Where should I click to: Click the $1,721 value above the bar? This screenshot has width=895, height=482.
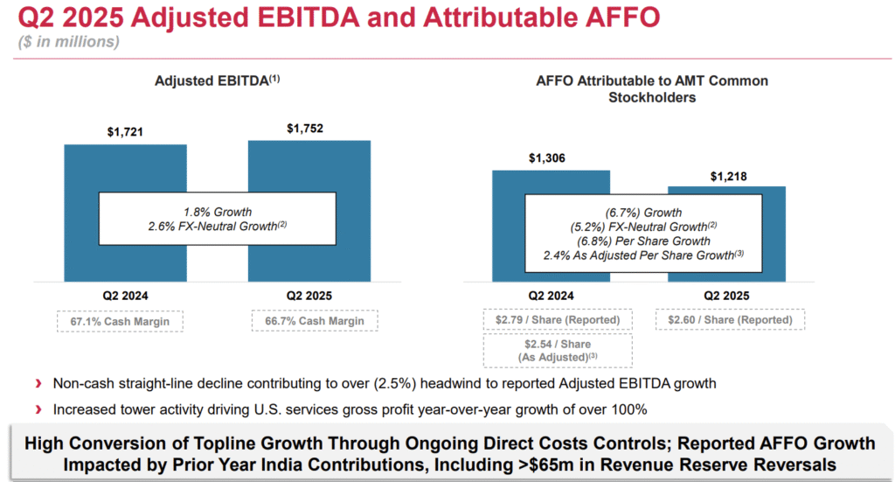coord(125,132)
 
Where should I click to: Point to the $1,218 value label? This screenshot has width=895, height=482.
coord(726,176)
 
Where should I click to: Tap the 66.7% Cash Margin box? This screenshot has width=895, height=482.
coord(315,321)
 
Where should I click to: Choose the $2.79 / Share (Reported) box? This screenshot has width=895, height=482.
coord(558,319)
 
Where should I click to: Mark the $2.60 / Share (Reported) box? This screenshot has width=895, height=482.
coord(730,319)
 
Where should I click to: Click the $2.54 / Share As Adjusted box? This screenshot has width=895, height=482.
coord(558,351)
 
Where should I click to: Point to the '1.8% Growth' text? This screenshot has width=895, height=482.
coord(217,212)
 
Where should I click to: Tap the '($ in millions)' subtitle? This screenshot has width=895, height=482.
coord(69,42)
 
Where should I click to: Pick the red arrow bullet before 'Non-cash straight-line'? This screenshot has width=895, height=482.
coord(38,383)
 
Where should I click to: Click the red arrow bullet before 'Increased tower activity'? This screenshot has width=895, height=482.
coord(38,409)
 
